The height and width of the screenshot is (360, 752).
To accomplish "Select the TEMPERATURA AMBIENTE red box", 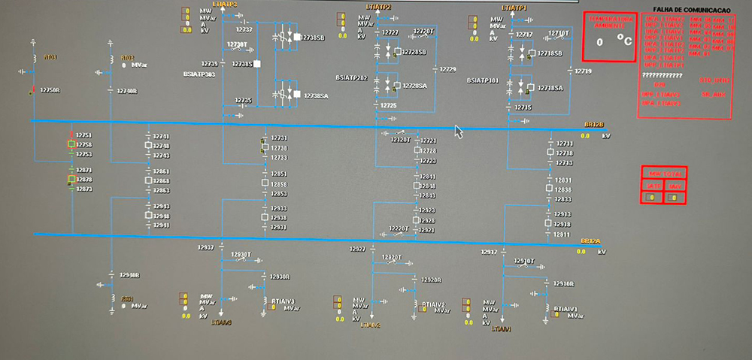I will pos(610,36).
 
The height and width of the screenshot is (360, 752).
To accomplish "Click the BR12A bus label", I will pos(590,241).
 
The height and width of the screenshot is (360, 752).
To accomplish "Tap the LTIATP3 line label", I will pos(225,5).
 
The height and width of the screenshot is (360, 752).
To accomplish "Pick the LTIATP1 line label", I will pos(514,7).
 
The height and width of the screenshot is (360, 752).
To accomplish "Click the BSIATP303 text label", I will pos(199,74).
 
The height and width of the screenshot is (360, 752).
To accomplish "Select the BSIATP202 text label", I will pos(351,77).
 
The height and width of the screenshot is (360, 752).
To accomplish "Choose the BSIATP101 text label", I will pos(482,79).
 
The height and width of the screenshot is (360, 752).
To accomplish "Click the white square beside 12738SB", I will pos(297,37).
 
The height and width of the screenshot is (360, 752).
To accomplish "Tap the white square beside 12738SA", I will pos(297,95).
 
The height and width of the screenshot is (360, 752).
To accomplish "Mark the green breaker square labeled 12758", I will pos(71,144).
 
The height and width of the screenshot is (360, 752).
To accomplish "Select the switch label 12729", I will pos(448,69).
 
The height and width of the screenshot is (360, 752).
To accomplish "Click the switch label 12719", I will pos(583,71).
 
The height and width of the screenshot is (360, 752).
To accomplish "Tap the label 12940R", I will pos(129,275).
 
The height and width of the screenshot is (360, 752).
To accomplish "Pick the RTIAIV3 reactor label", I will pos(279,302).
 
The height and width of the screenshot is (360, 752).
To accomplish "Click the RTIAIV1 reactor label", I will pos(566,309).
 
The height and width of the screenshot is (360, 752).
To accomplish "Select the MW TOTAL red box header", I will pos(663,174).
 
